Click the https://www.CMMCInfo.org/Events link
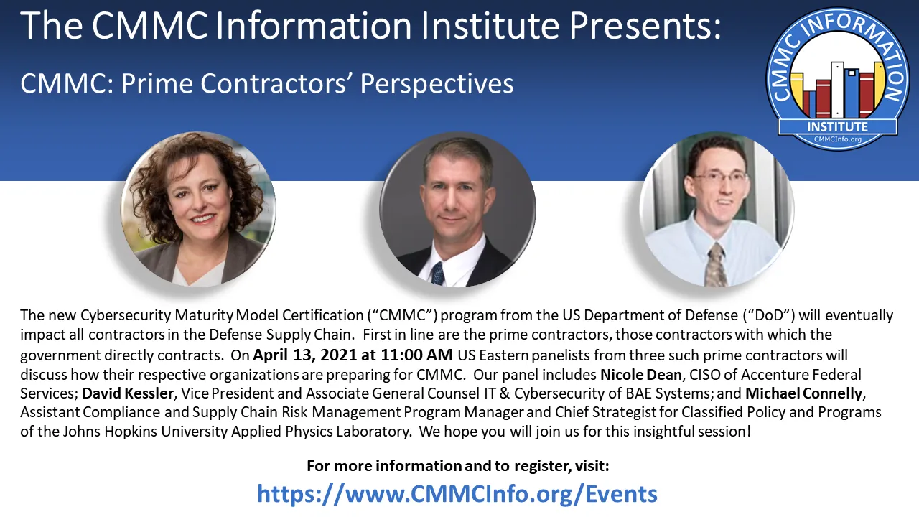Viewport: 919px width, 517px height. (457, 493)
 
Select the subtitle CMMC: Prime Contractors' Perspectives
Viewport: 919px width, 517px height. (266, 84)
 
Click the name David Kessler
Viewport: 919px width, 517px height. (127, 393)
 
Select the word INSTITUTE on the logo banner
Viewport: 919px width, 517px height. (837, 126)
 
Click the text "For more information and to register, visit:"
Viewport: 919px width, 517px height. (458, 466)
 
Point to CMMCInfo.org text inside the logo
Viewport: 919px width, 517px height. (837, 139)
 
